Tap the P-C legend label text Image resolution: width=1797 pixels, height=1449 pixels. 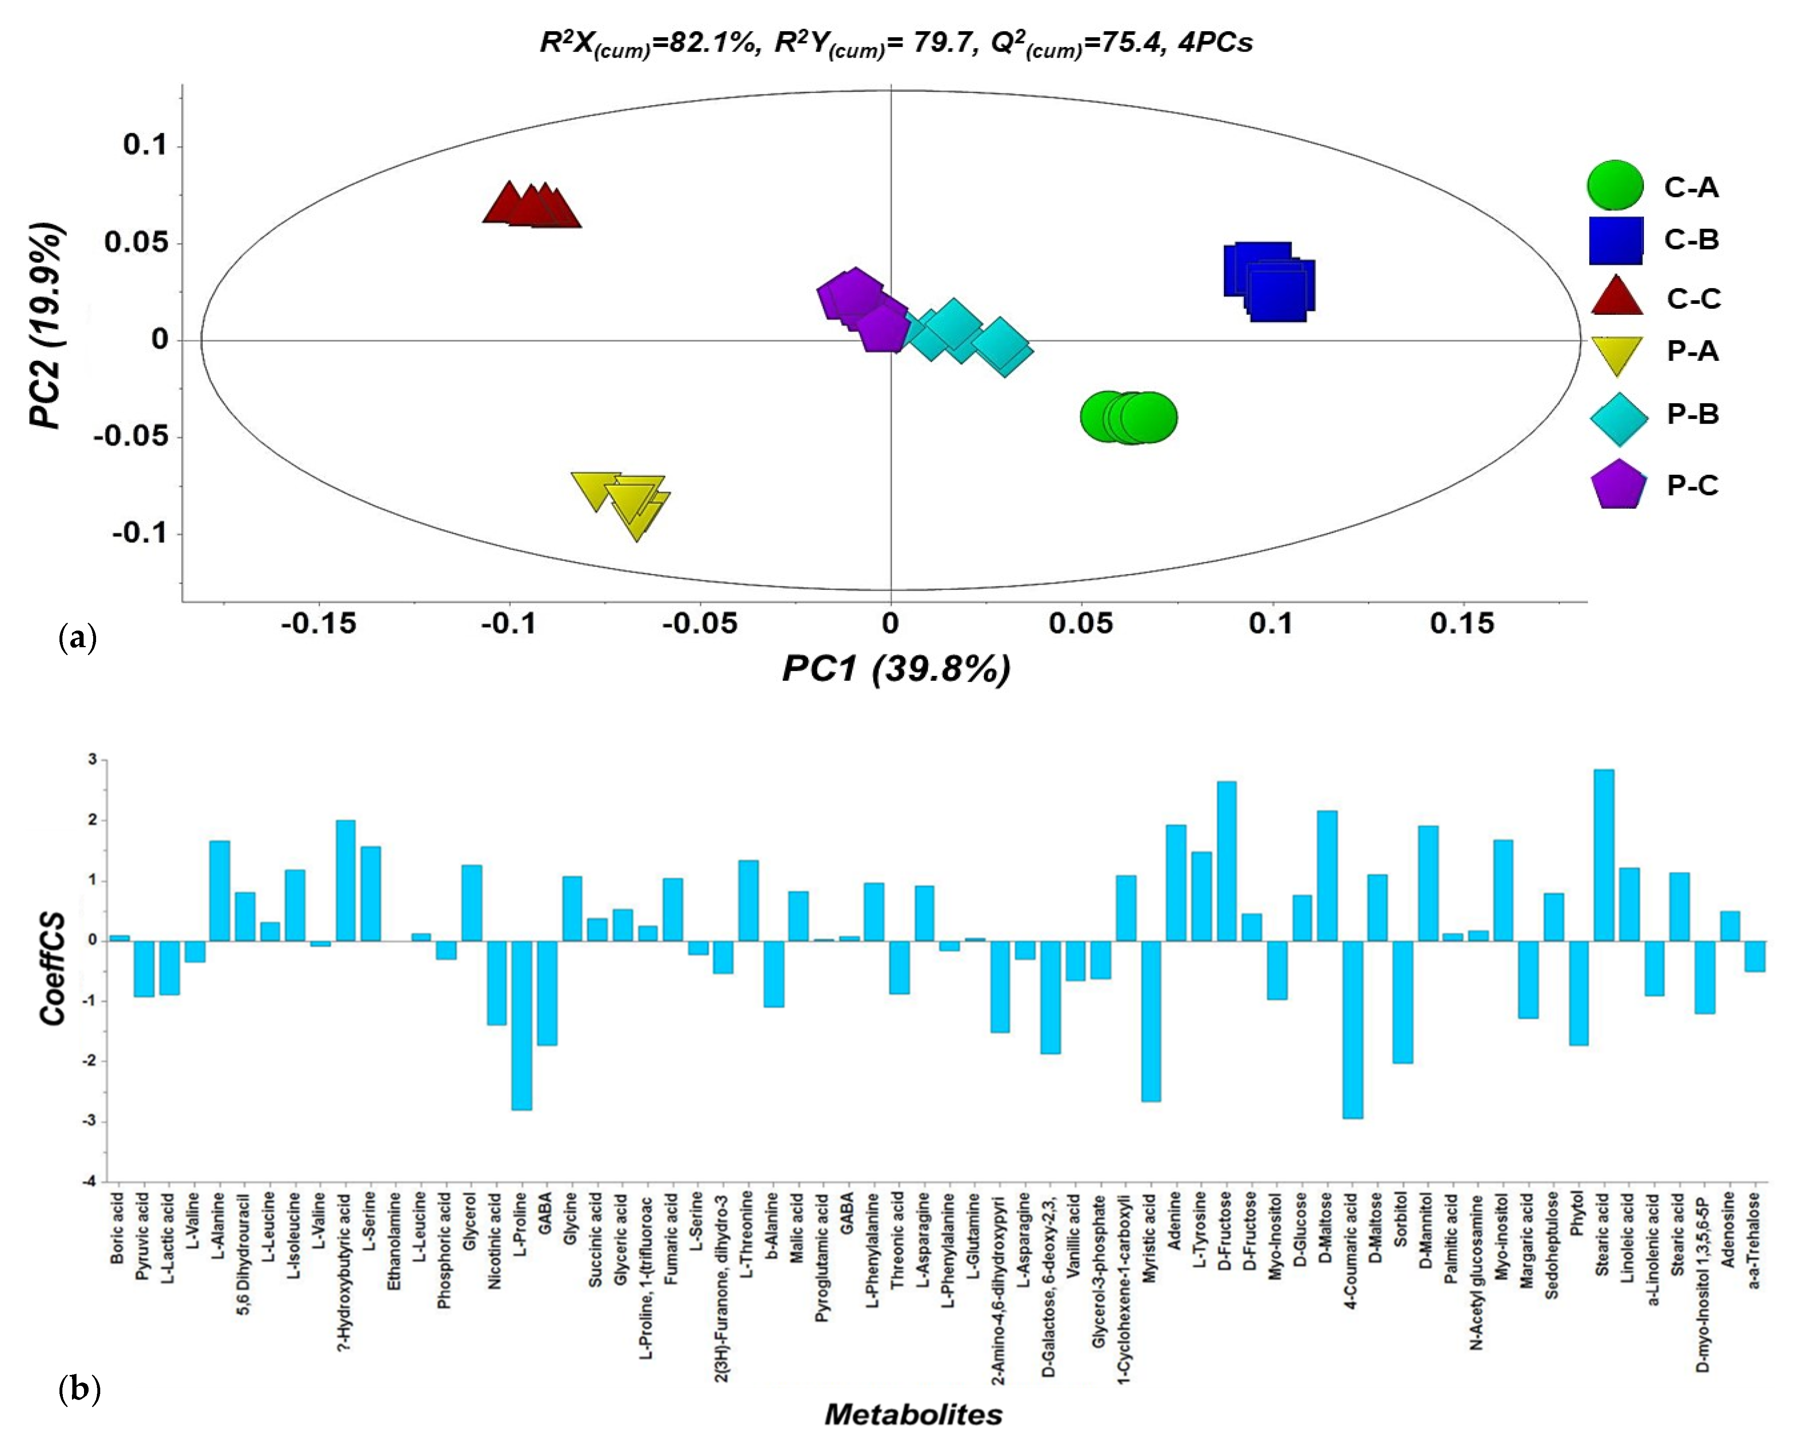click(1693, 485)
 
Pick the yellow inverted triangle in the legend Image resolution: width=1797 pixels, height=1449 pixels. click(1617, 354)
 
